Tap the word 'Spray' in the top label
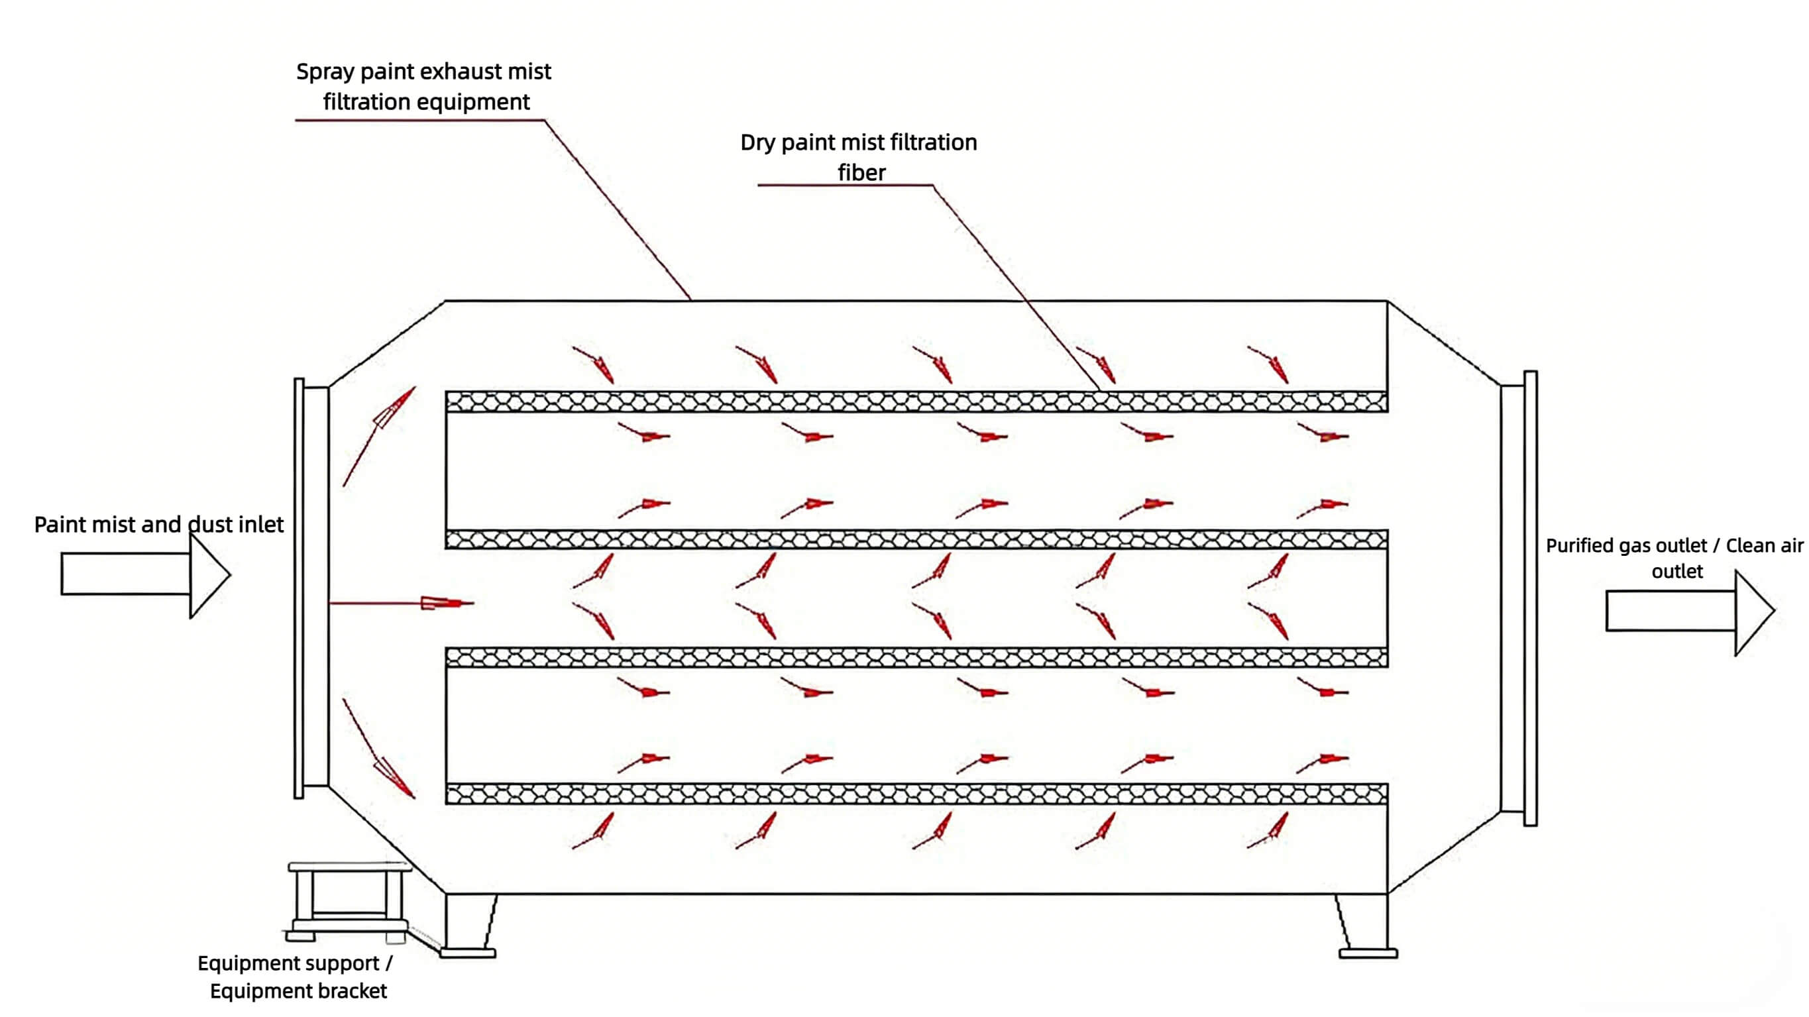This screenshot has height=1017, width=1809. pos(325,72)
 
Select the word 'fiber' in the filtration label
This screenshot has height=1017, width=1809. pos(861,173)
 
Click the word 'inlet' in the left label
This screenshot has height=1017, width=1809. pos(260,525)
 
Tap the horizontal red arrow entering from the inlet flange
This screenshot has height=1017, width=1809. pos(421,603)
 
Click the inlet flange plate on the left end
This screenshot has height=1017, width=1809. pos(299,588)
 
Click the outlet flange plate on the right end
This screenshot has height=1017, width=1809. pos(1530,598)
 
